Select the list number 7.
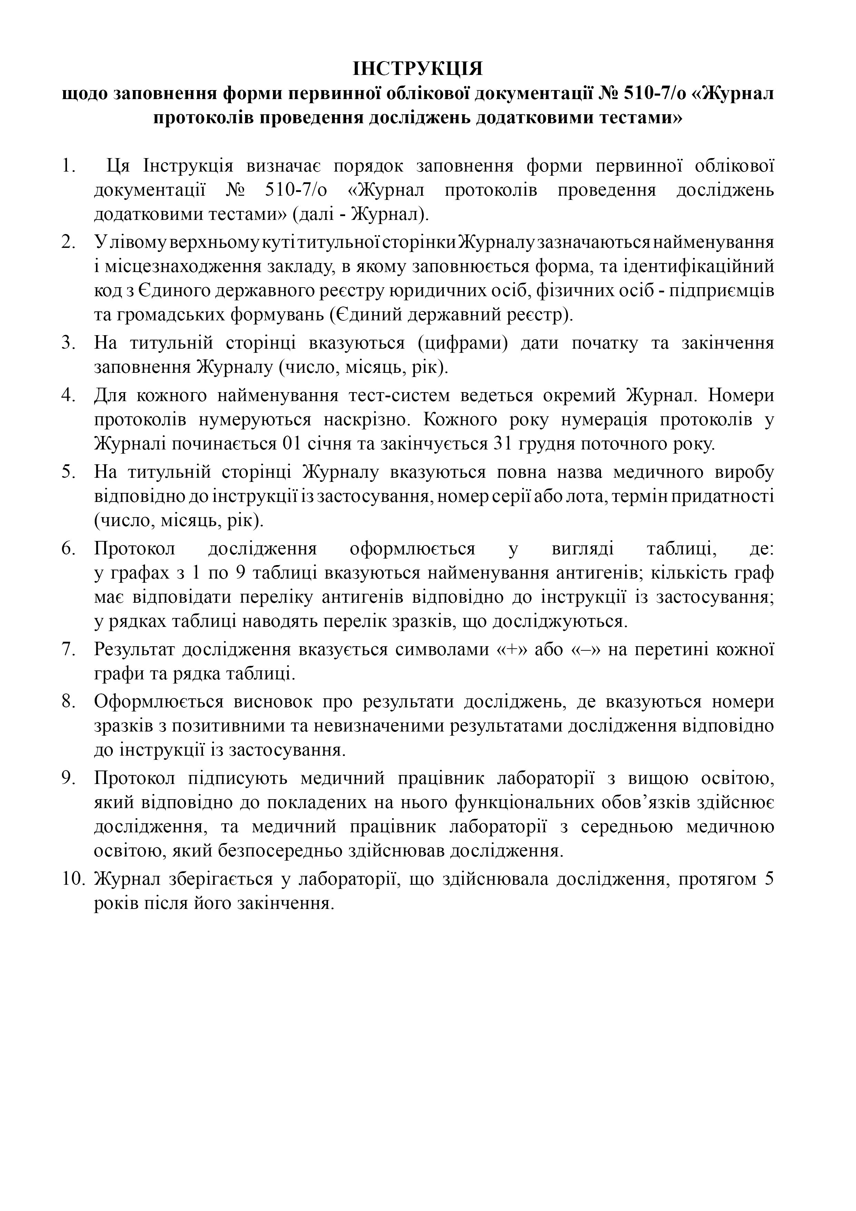coord(69,649)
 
